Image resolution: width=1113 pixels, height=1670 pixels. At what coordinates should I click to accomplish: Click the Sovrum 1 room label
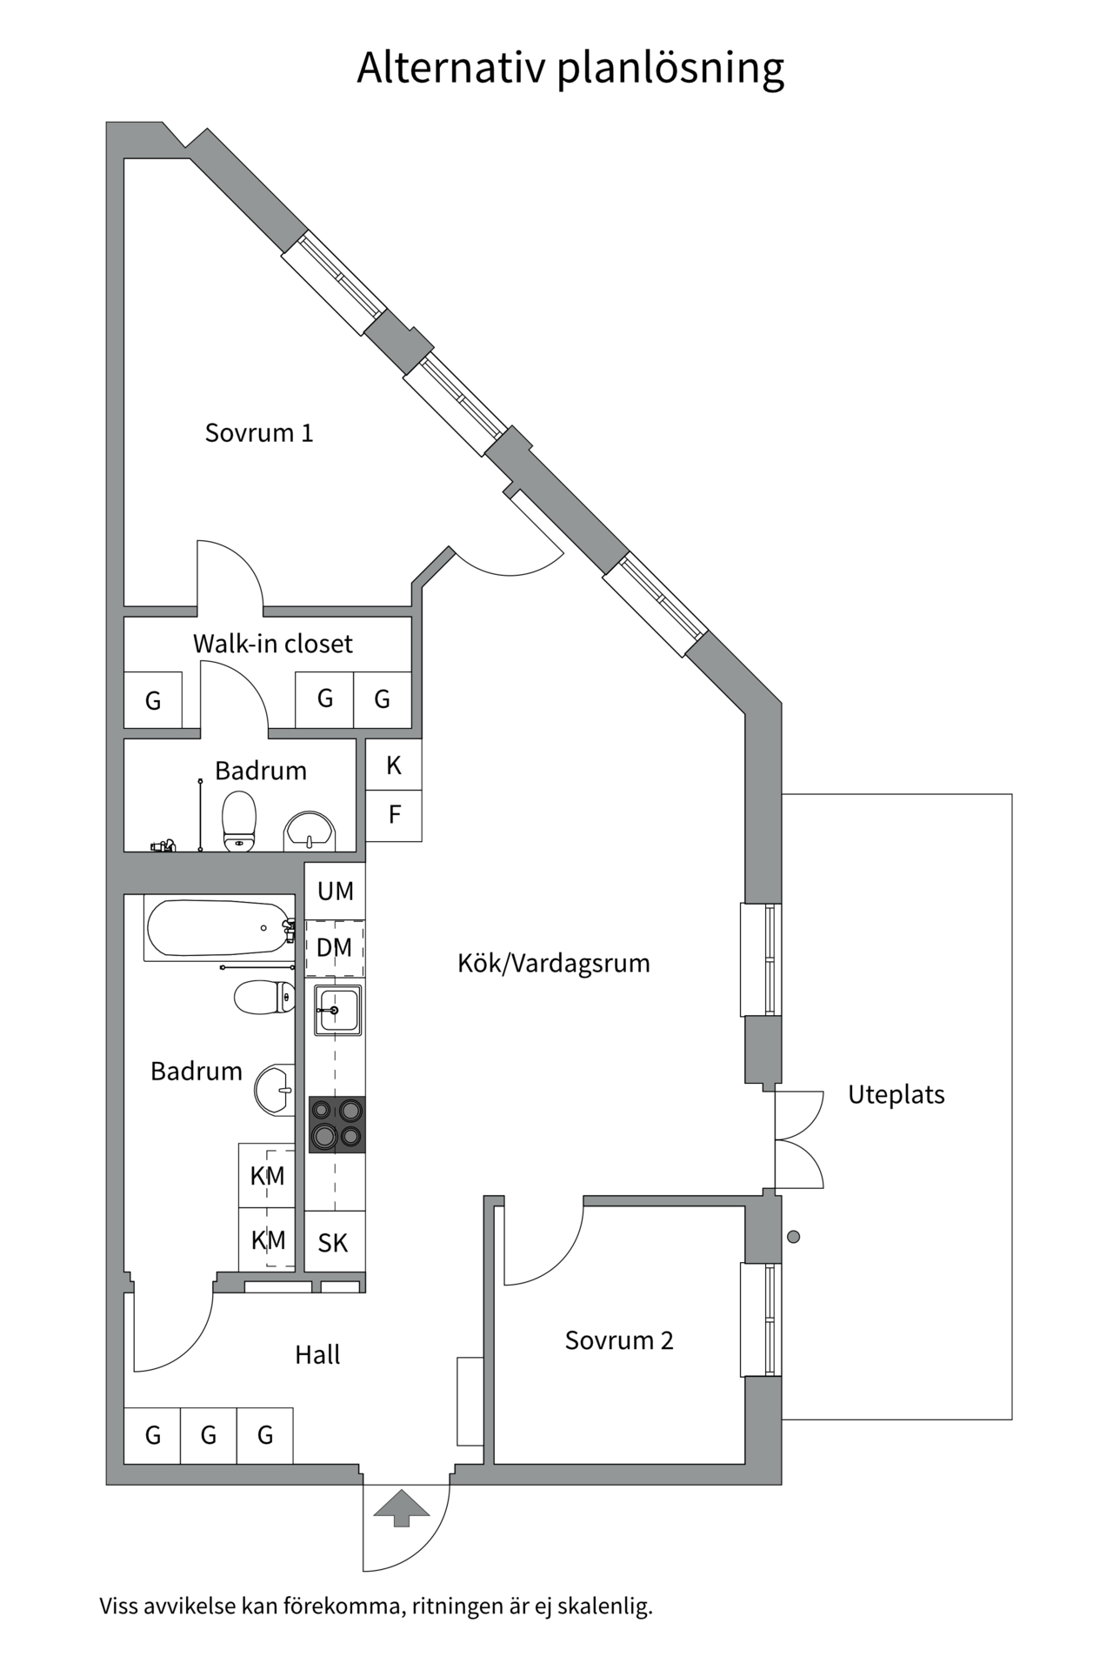coord(258,432)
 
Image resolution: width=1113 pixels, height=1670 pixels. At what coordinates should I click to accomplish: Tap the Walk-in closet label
coord(272,644)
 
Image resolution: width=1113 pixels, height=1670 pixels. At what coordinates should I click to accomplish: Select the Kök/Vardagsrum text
coord(553,963)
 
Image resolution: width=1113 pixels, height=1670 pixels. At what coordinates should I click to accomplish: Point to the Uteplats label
coord(896,1094)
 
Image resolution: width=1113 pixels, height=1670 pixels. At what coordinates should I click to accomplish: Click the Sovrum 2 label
coord(618,1339)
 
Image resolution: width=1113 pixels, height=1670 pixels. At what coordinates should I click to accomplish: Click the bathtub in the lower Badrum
coord(217,928)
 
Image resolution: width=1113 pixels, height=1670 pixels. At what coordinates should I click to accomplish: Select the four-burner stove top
coord(337,1124)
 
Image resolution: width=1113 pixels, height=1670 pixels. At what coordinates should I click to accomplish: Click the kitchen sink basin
coord(337,1010)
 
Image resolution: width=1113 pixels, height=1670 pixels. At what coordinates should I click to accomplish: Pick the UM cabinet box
coord(335,891)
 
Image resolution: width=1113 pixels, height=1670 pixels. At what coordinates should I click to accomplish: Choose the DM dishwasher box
coord(335,948)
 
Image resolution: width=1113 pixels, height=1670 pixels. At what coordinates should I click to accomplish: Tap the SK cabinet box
coord(334,1242)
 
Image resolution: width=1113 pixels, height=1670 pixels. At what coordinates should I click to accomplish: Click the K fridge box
coord(394,765)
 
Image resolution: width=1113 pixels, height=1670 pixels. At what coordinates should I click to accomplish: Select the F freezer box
coord(394,815)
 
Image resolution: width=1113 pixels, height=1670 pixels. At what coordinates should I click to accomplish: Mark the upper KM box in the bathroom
coord(267,1176)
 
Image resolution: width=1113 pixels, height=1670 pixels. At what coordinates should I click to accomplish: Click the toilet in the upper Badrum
coord(239,821)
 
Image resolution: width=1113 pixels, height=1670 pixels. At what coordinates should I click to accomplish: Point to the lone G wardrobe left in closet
coord(153,700)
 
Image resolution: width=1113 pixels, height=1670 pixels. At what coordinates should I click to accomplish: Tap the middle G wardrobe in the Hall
coord(209,1435)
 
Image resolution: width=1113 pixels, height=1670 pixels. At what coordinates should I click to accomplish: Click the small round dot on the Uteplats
coord(793,1236)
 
